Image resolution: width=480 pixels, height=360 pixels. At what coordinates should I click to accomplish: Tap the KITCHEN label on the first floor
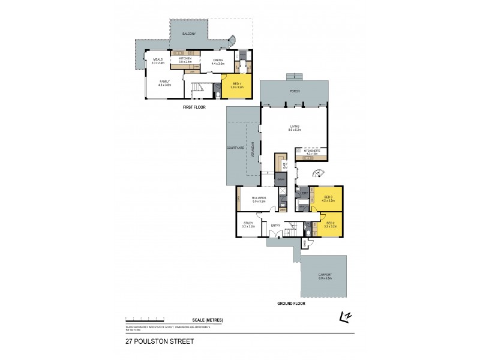[185, 58]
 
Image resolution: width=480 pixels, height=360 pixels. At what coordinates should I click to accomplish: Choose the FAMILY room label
[164, 82]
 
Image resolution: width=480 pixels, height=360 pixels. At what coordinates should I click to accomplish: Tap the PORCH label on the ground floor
[294, 91]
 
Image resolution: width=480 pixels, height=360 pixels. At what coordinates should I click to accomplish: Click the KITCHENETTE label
[311, 152]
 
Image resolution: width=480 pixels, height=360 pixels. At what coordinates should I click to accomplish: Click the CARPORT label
[325, 277]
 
